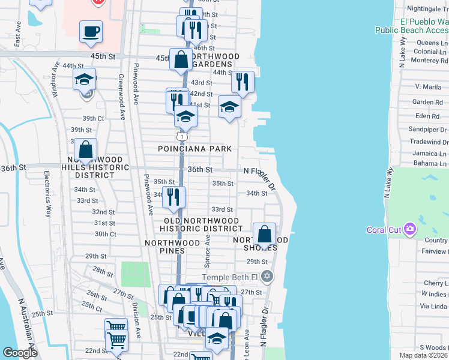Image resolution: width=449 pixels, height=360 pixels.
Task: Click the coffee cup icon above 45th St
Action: tap(91, 31)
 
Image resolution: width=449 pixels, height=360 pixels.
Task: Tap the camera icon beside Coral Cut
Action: tap(410, 229)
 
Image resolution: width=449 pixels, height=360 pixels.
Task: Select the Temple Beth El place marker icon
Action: tap(268, 277)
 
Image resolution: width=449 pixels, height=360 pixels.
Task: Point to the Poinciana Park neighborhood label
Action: tap(191, 148)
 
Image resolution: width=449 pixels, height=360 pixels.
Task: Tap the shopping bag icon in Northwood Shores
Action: tap(264, 234)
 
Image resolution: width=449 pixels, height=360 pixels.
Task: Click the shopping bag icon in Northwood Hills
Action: tap(86, 150)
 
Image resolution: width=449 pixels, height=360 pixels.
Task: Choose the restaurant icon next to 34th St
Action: tap(174, 197)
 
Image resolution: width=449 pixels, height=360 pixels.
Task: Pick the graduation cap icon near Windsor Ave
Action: tap(85, 79)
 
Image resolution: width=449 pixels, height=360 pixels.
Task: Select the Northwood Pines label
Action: tap(172, 243)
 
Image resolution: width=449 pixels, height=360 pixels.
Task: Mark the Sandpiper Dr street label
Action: tap(427, 129)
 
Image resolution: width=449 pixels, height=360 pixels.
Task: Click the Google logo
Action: tap(20, 352)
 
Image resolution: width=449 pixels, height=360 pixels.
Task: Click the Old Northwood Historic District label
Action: tap(203, 224)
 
